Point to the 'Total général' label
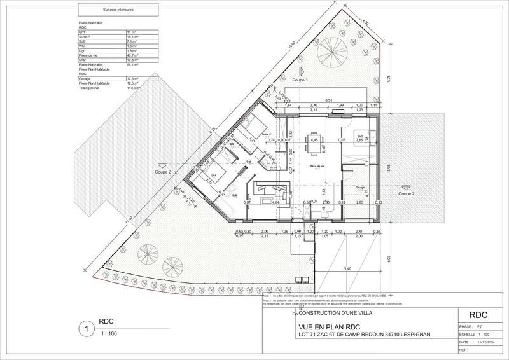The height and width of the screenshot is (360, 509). (88, 87)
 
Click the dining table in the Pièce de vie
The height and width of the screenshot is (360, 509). (314, 146)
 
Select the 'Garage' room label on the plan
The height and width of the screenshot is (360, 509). (360, 188)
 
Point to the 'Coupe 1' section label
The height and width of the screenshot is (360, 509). (300, 81)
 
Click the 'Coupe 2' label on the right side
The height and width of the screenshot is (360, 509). (406, 193)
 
